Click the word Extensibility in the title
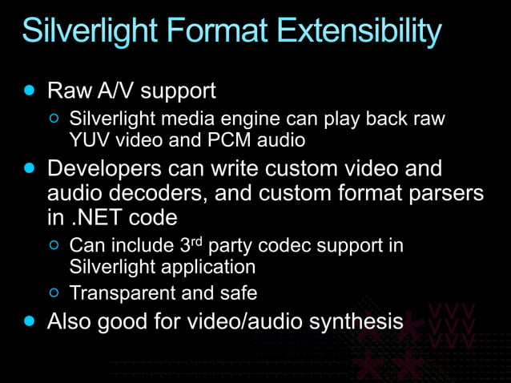[x=357, y=31]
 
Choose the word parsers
[x=446, y=193]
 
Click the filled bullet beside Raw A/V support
[x=30, y=90]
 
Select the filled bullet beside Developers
[x=30, y=170]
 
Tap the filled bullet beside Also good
[x=30, y=322]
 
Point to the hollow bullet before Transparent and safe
[x=54, y=293]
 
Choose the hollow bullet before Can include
[x=54, y=245]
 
